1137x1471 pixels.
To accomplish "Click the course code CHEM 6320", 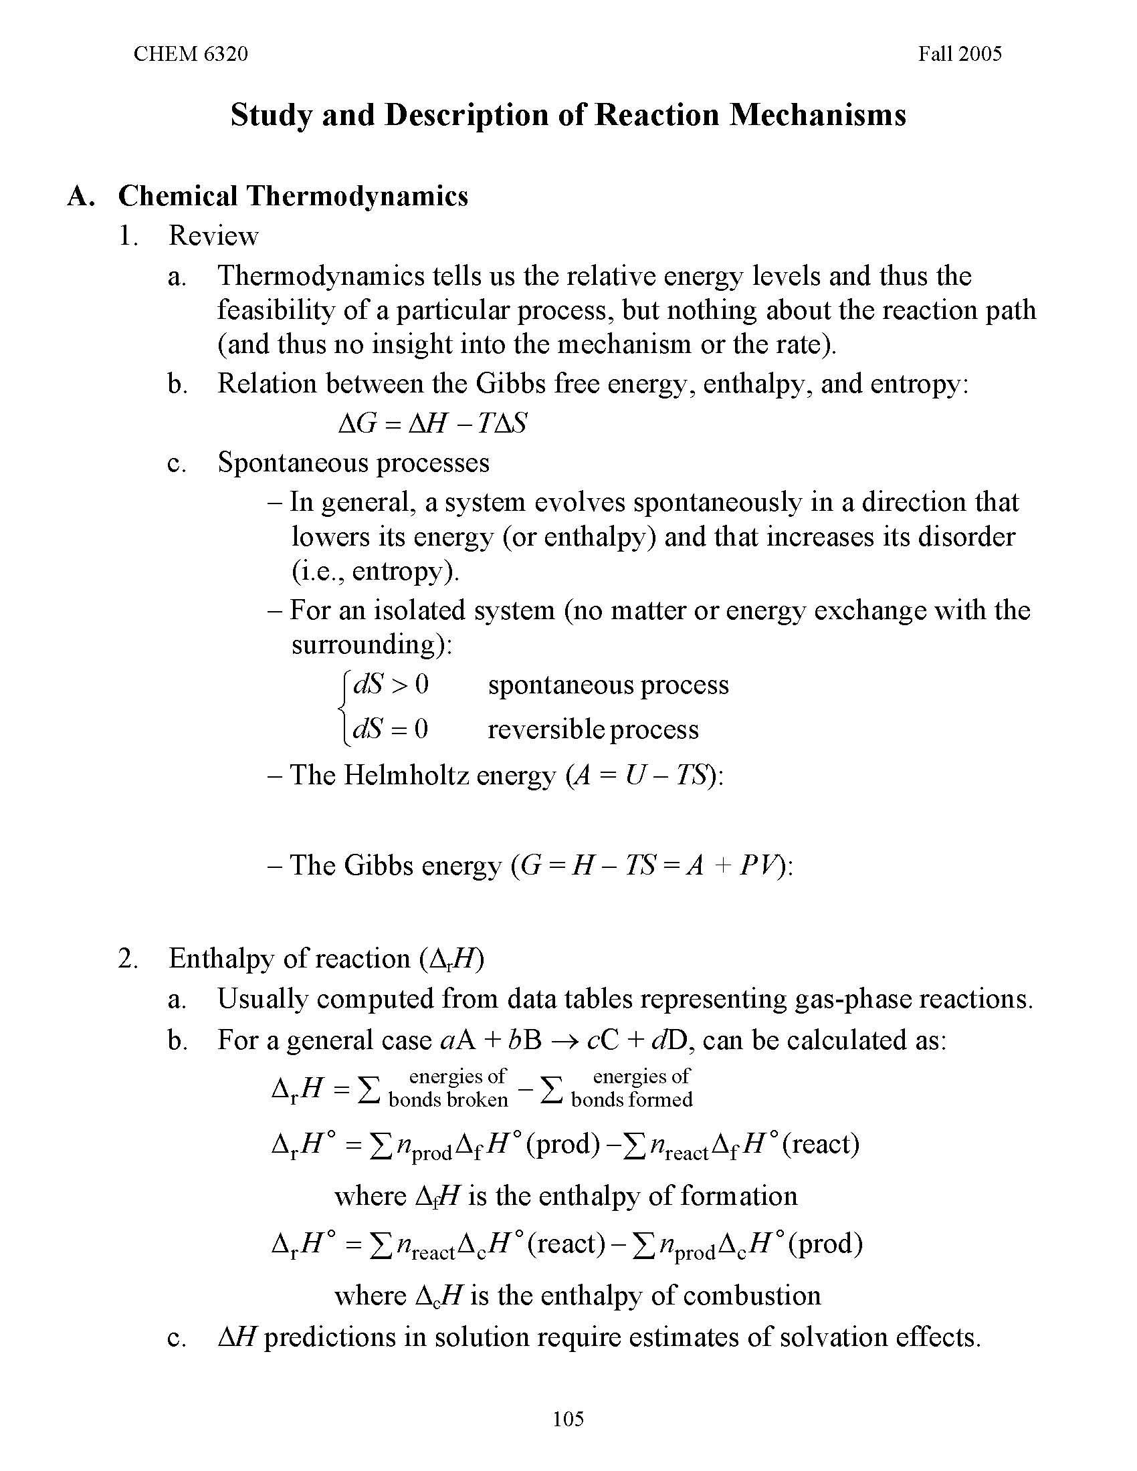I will [x=191, y=54].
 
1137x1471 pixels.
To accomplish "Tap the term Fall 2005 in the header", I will [x=959, y=54].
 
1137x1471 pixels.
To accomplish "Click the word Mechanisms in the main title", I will [x=818, y=115].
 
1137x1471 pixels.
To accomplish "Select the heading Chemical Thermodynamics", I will [x=293, y=196].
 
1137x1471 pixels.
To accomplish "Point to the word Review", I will [x=213, y=236].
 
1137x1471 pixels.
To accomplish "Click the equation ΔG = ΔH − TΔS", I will [x=432, y=424].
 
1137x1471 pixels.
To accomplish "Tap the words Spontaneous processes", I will [x=353, y=463].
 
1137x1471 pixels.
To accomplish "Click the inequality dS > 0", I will [x=391, y=685].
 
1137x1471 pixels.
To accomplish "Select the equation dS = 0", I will [x=391, y=729].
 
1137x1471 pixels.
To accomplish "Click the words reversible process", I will [x=593, y=729].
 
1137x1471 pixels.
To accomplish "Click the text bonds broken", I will [x=449, y=1100].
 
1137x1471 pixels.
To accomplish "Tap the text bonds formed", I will [x=631, y=1100].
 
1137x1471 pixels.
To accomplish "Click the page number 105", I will [x=568, y=1419].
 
